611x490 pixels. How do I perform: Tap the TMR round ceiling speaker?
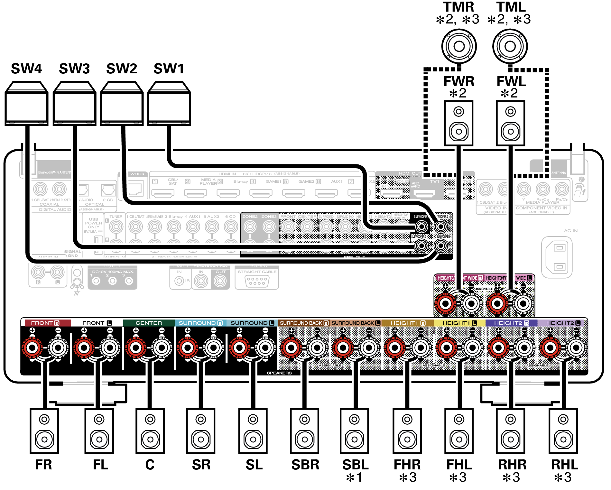[x=459, y=46]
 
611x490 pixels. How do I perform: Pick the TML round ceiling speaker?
[x=510, y=46]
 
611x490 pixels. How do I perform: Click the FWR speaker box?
[x=458, y=123]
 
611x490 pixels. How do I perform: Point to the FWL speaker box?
[x=510, y=123]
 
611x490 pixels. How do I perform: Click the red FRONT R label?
[x=45, y=323]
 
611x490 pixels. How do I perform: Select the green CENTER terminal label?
[x=149, y=323]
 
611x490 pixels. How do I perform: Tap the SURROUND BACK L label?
[x=356, y=323]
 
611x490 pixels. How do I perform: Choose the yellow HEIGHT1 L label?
[x=459, y=323]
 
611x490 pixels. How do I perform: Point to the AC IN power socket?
[x=559, y=257]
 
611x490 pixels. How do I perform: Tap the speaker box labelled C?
[x=150, y=431]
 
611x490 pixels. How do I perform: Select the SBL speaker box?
[x=355, y=431]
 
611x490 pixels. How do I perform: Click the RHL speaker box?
[x=563, y=431]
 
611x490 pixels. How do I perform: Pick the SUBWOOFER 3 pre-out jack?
[x=421, y=246]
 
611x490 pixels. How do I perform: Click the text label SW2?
[x=122, y=69]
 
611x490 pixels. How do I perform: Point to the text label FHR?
[x=407, y=465]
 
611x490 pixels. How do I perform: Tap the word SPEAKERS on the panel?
[x=279, y=373]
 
